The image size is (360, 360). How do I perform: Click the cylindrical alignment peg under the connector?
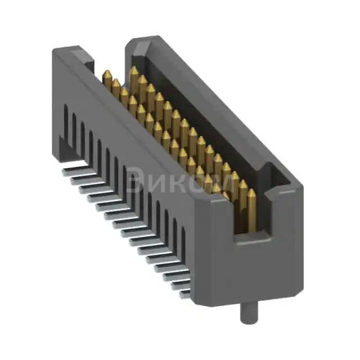(x=246, y=313)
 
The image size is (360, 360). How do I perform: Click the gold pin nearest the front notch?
(x=251, y=211)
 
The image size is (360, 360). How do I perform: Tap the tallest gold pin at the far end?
(x=133, y=79)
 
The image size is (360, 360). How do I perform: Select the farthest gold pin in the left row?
(x=107, y=79)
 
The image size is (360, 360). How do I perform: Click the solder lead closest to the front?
(x=185, y=292)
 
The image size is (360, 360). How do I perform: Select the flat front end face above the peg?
(x=247, y=270)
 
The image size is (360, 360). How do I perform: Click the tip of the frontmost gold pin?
(x=251, y=192)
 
